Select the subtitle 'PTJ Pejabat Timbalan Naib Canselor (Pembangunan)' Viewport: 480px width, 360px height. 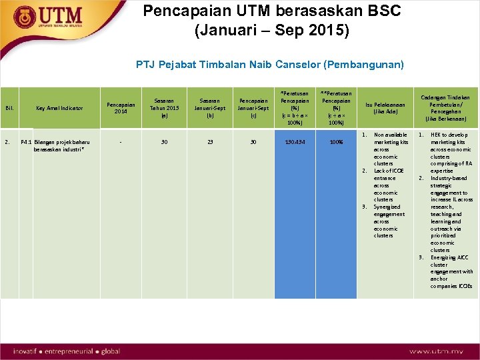pyautogui.click(x=269, y=65)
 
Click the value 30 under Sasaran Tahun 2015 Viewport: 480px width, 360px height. pyautogui.click(x=165, y=142)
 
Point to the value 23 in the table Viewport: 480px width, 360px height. pyautogui.click(x=210, y=142)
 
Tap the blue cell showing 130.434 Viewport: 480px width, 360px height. pyautogui.click(x=294, y=142)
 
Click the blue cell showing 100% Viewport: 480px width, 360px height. pyautogui.click(x=337, y=142)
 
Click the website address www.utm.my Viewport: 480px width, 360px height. pyautogui.click(x=436, y=351)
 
